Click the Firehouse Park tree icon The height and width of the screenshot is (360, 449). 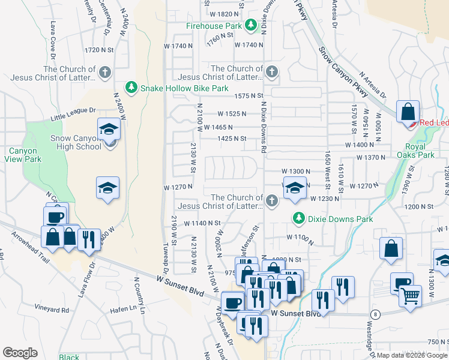(x=250, y=26)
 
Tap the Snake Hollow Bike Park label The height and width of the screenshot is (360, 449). (x=184, y=88)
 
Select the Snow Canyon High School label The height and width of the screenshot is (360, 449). (x=76, y=142)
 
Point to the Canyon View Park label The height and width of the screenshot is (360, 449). (x=25, y=155)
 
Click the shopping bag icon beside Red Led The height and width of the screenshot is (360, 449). (x=408, y=112)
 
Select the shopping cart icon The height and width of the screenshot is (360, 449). (x=410, y=294)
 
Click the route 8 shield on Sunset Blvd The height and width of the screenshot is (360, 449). (x=375, y=314)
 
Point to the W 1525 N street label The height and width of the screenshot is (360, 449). (x=233, y=113)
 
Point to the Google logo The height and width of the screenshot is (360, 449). (x=20, y=353)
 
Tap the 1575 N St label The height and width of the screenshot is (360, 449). (x=249, y=95)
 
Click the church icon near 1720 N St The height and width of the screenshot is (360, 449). (x=105, y=73)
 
